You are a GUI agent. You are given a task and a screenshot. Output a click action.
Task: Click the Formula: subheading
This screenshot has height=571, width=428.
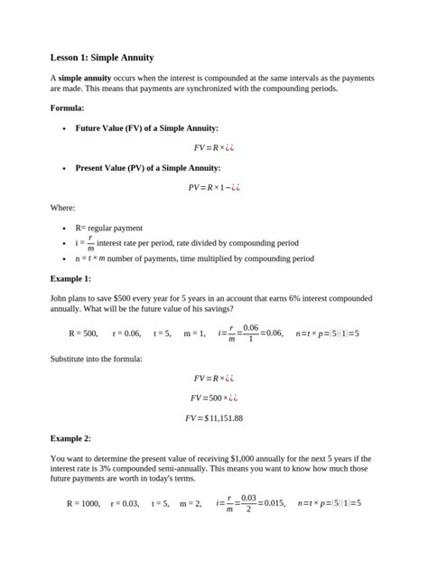68,108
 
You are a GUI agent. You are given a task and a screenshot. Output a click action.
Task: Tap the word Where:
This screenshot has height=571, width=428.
62,208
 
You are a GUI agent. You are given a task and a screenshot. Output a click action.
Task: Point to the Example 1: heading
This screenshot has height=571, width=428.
70,278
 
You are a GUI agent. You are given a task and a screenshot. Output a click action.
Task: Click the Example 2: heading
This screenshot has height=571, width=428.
70,438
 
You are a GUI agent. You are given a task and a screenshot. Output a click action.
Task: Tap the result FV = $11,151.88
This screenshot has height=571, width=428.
213,418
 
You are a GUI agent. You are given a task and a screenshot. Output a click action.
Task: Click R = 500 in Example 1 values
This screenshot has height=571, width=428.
83,333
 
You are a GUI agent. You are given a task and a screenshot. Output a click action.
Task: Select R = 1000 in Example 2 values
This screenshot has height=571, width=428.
83,503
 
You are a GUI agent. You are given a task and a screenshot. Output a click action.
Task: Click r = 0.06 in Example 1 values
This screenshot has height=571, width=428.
126,333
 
